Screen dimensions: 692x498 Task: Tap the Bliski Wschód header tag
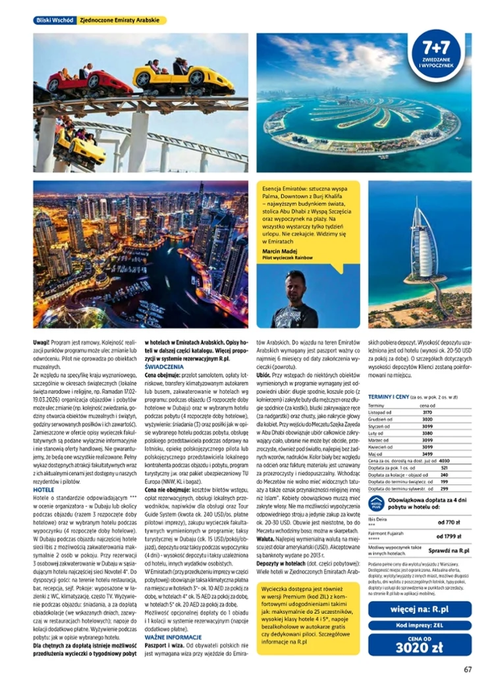tap(54, 20)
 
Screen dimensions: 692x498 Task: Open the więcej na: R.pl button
tap(420, 609)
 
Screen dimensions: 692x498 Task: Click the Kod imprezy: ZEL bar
tap(420, 625)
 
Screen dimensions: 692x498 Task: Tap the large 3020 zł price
tap(420, 647)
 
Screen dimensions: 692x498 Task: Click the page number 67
tap(467, 670)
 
